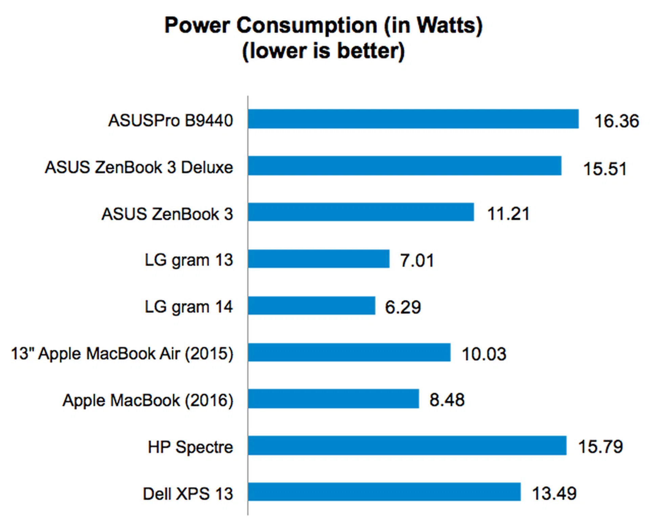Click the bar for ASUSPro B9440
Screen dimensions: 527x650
click(x=413, y=119)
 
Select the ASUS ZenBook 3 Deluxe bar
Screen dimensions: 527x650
click(x=405, y=166)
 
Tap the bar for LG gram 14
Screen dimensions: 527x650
click(x=311, y=306)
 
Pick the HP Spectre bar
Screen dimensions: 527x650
click(x=407, y=446)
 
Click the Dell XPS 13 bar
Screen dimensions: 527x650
click(x=384, y=492)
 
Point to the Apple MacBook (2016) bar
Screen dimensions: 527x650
click(x=333, y=399)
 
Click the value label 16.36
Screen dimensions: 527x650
click(x=616, y=121)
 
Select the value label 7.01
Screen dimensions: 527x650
click(x=417, y=261)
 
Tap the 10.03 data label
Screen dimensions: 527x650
click(x=484, y=354)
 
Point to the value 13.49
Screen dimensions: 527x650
click(x=554, y=493)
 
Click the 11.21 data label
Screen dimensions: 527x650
click(x=508, y=214)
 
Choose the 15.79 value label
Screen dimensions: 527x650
click(x=600, y=447)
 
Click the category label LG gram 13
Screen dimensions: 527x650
click(x=189, y=260)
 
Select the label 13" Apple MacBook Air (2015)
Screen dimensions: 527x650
click(x=122, y=354)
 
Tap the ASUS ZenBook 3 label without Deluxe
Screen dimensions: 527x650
click(x=167, y=214)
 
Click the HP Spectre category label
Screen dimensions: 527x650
click(x=190, y=447)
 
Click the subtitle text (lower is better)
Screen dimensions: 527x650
click(x=323, y=51)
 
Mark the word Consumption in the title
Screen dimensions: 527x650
click(x=307, y=25)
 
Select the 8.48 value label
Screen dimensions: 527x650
click(x=447, y=400)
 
